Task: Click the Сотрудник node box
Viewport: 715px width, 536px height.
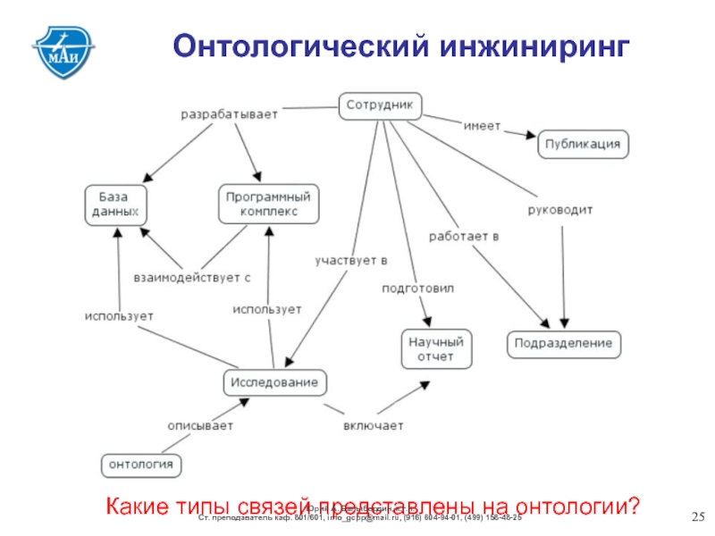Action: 380,106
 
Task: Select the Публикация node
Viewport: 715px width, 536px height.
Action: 584,145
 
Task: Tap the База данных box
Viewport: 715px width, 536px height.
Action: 116,205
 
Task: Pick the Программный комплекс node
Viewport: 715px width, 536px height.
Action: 269,205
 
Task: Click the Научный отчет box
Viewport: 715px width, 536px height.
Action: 436,348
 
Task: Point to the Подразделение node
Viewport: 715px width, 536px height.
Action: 564,344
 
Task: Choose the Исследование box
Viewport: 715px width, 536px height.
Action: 274,383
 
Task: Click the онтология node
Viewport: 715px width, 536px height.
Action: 139,465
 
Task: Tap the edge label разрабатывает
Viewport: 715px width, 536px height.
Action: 230,114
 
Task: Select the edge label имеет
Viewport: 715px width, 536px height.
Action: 482,125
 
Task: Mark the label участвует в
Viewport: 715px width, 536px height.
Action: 350,261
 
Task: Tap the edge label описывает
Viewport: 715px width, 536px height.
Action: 200,425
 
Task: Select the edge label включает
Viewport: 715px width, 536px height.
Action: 374,425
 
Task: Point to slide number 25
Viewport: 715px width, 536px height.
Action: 699,518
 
